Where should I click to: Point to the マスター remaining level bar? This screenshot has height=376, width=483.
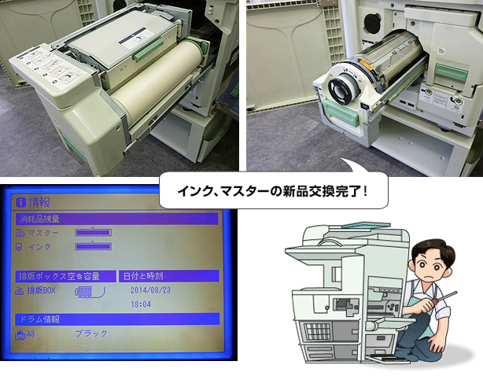94,232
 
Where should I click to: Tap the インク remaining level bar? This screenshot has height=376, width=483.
94,247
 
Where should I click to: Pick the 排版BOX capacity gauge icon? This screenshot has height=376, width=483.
89,293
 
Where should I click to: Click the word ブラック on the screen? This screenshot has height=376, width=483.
91,334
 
